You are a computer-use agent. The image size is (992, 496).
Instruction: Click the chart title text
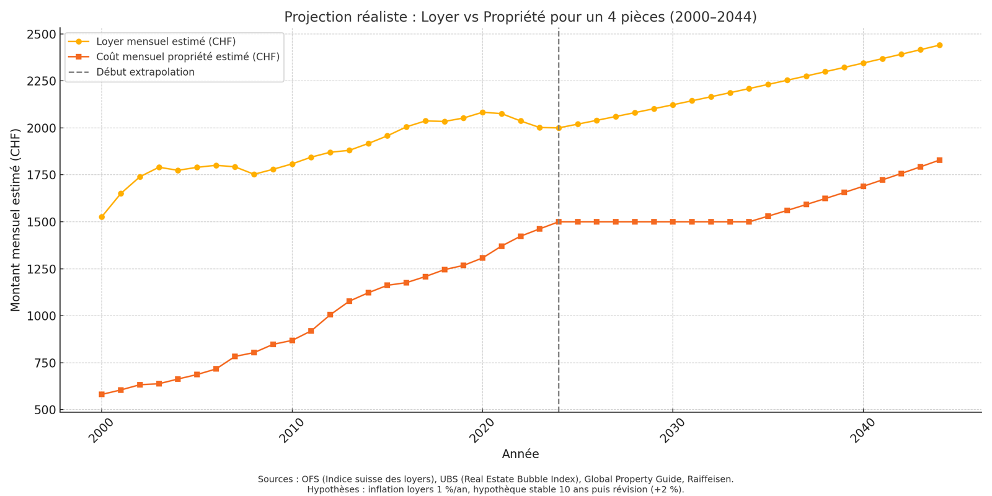click(520, 17)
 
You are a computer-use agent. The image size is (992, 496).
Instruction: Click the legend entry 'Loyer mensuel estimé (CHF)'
click(166, 42)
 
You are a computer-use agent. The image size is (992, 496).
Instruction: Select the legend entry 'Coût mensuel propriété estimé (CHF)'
click(187, 57)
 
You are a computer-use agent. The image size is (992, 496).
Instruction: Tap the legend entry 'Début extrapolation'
click(145, 72)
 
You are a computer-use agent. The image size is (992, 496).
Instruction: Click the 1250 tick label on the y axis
click(41, 269)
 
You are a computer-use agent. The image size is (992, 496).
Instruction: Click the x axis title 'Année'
click(520, 454)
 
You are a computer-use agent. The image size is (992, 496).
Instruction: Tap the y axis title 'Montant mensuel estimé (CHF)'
click(15, 220)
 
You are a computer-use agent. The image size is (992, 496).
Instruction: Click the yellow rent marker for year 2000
click(102, 217)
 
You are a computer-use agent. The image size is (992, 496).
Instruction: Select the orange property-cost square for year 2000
click(102, 394)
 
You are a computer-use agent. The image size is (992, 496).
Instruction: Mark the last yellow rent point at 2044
click(939, 45)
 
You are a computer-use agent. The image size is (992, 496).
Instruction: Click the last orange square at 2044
click(939, 161)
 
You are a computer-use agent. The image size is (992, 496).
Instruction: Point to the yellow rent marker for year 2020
click(482, 112)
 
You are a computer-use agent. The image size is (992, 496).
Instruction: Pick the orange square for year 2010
click(292, 340)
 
